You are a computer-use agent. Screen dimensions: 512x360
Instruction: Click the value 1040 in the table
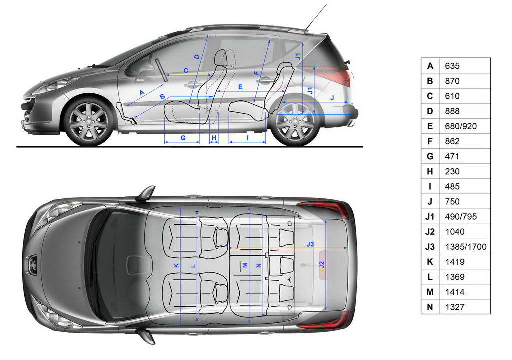pos(455,232)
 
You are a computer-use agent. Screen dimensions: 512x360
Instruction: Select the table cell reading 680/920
pos(461,126)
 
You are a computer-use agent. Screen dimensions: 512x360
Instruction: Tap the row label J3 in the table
pos(430,247)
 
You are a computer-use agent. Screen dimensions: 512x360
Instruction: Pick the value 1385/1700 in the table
pos(466,247)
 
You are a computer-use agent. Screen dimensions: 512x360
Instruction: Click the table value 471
pos(452,156)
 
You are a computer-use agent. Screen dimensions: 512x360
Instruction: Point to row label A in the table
pos(430,66)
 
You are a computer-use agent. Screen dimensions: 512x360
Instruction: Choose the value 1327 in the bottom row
pos(455,307)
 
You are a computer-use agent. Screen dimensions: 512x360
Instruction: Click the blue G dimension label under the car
pos(183,138)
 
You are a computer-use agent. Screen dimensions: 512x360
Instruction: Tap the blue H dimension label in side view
pos(214,138)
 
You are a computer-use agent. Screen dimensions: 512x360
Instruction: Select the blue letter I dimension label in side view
pos(248,138)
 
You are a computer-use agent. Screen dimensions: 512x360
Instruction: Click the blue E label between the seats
pos(240,87)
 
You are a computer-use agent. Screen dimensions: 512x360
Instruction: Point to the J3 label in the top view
pos(310,244)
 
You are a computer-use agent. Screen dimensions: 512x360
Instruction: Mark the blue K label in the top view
pos(176,266)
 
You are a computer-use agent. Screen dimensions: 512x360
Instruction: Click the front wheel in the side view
pos(89,121)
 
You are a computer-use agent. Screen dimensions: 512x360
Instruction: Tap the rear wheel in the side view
pos(294,122)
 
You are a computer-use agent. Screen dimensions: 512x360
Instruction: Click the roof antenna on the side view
pos(316,17)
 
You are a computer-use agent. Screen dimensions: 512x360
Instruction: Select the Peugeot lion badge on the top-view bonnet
pos(32,261)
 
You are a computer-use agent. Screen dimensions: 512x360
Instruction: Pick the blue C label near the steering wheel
pos(186,70)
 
